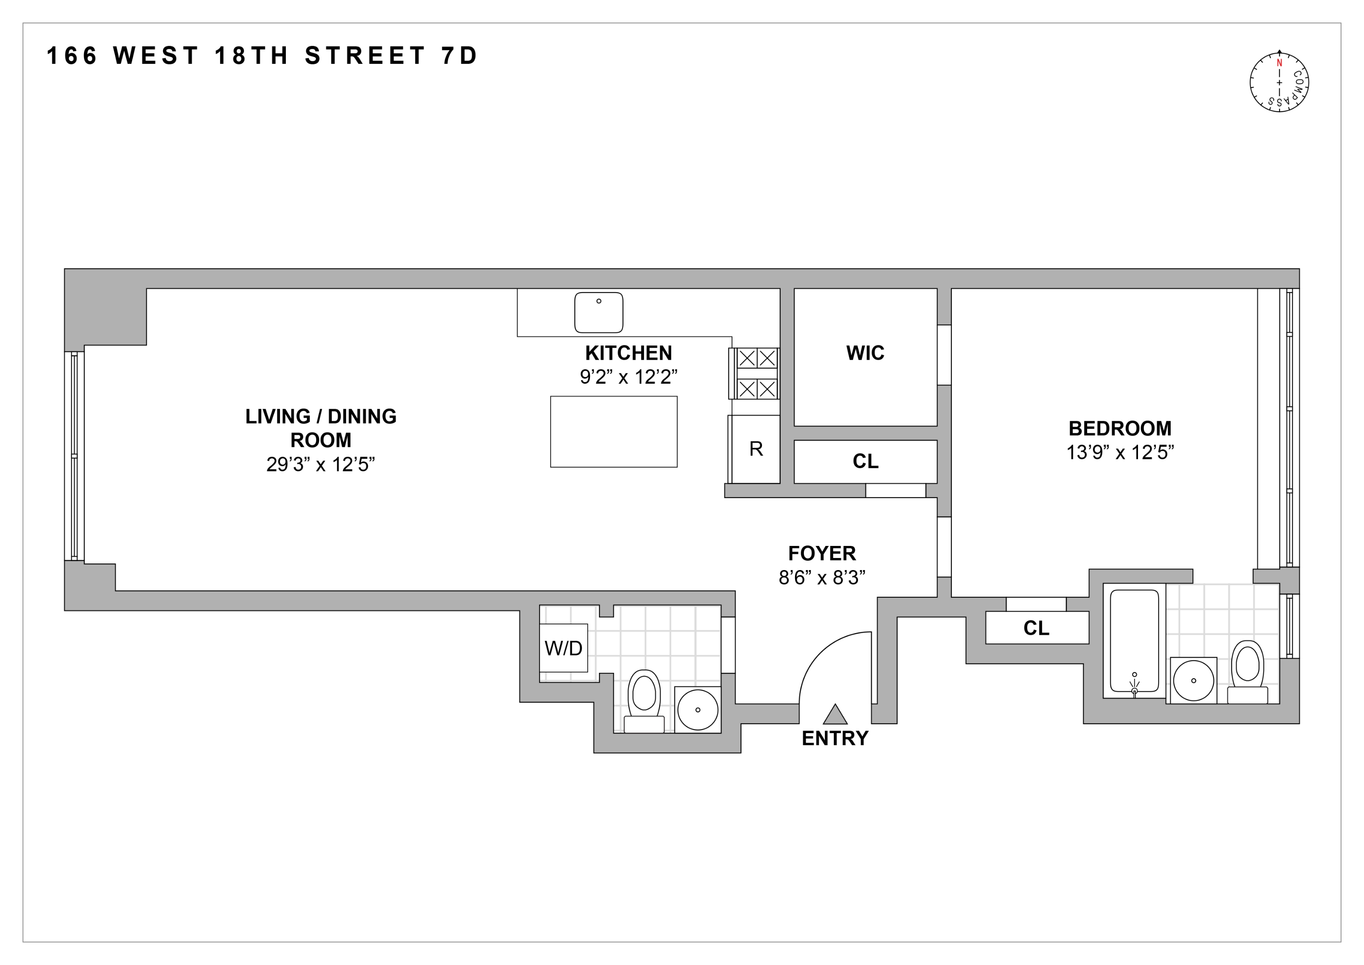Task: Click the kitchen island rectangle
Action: pos(614,432)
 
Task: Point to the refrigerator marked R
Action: pos(755,449)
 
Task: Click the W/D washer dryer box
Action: pos(563,648)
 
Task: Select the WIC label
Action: pos(865,353)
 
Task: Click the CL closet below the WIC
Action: pos(866,462)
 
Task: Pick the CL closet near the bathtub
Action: pos(1037,628)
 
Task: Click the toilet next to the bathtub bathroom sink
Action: pos(1247,673)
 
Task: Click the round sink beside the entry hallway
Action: pos(698,710)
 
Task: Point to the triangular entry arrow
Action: pos(835,714)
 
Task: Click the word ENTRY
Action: pos(835,738)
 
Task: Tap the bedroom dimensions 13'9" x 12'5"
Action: pos(1120,453)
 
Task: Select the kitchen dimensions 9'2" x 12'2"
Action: pos(628,377)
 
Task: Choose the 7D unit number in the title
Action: pos(459,56)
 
